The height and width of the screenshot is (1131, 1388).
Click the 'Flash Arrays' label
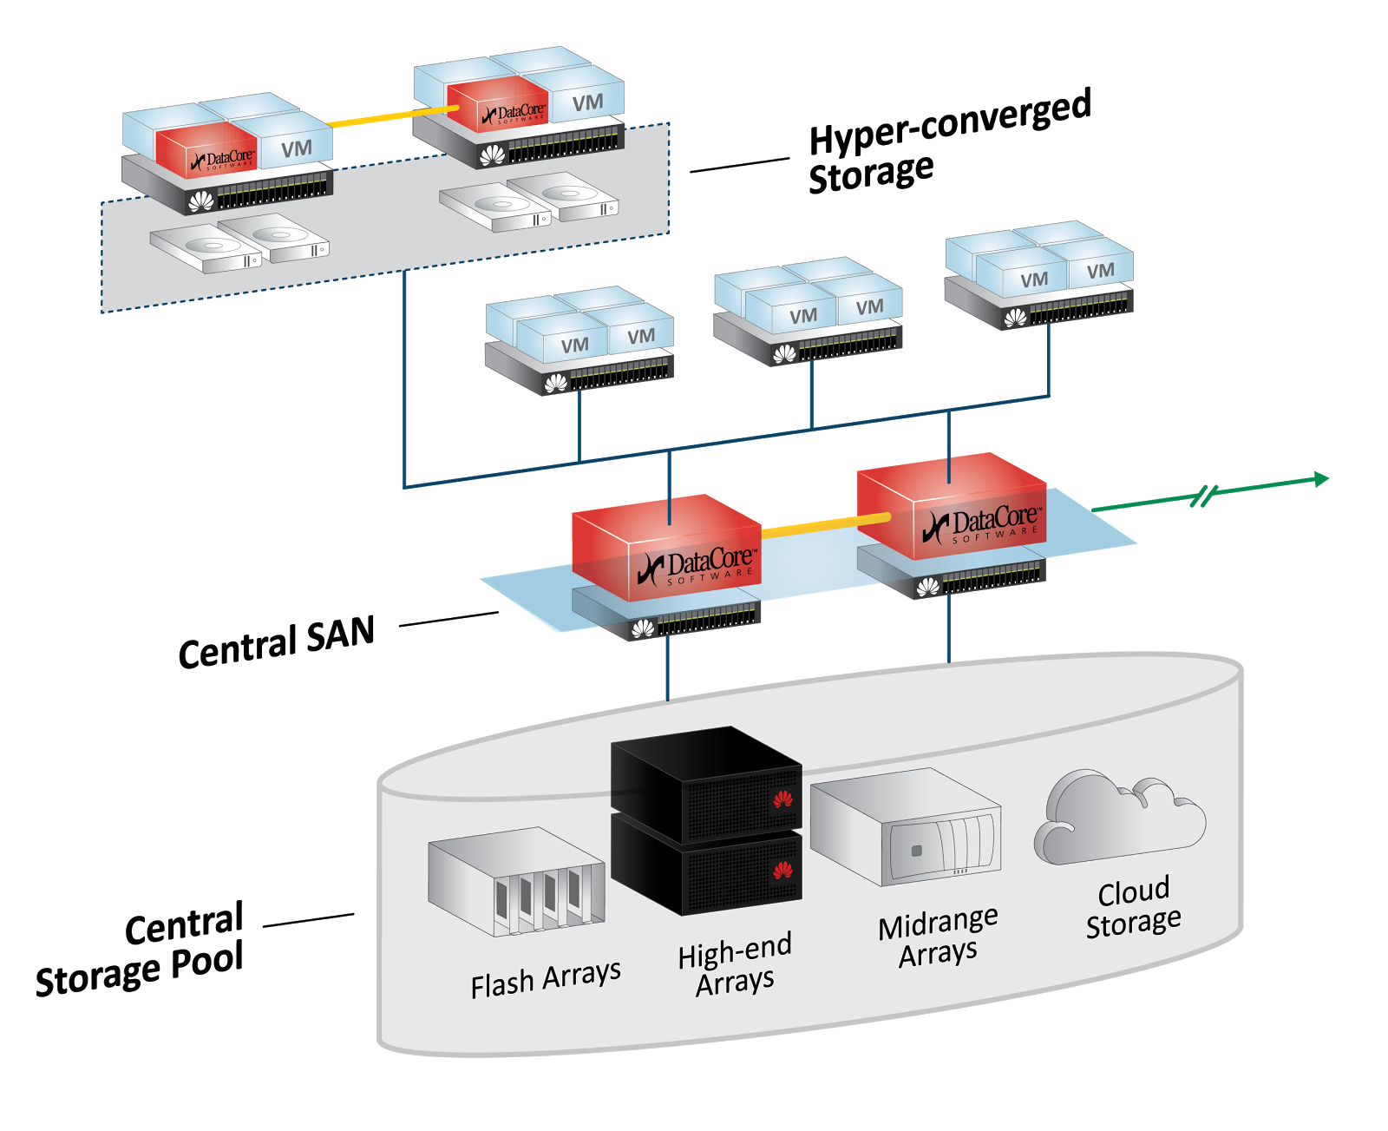click(546, 979)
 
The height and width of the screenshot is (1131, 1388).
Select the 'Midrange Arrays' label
click(938, 938)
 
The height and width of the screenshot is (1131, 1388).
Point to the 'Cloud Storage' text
click(1134, 908)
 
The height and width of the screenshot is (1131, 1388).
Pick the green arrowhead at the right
click(1320, 479)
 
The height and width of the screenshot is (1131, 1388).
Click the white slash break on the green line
click(1205, 496)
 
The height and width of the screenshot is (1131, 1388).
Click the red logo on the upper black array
click(782, 799)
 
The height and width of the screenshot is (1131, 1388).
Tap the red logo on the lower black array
click(782, 869)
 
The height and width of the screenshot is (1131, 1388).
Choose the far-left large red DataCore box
click(666, 547)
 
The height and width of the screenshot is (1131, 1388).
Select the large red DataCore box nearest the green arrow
click(953, 503)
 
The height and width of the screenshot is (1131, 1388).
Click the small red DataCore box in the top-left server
click(206, 149)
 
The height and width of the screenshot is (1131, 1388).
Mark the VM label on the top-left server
click(297, 149)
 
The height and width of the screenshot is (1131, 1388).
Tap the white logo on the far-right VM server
click(1015, 319)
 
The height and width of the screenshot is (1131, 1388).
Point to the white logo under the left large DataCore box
click(643, 628)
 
